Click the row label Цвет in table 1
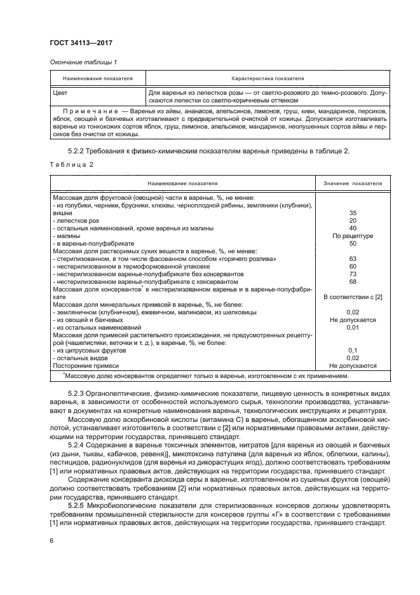point(62,93)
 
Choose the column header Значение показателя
point(353,183)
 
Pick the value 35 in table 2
point(353,213)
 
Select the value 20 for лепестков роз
point(353,221)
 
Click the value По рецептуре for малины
point(353,235)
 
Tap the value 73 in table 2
point(353,274)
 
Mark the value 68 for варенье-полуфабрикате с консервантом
point(353,281)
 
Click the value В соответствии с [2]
point(353,297)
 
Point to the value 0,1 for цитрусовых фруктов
point(353,350)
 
